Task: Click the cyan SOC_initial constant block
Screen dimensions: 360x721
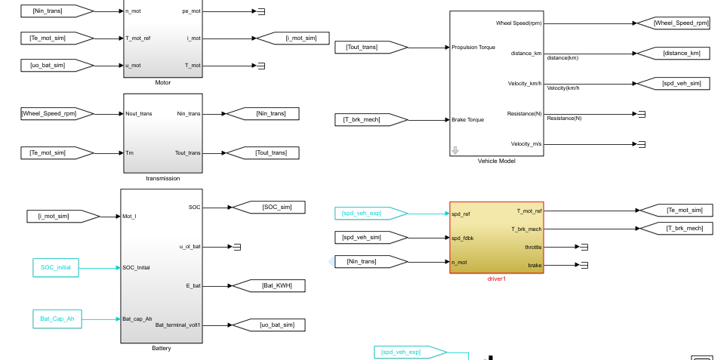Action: tap(55, 267)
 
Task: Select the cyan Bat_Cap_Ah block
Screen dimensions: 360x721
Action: tap(57, 319)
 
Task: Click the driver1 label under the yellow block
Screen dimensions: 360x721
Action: tap(496, 278)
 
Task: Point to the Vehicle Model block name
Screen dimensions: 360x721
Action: tap(496, 161)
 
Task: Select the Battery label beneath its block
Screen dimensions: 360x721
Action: tap(161, 348)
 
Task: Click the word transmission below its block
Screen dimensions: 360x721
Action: tap(163, 178)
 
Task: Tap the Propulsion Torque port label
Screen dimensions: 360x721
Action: tap(473, 47)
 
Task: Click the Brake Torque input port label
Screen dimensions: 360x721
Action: tap(467, 119)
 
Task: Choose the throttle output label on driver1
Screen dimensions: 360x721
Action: tap(533, 247)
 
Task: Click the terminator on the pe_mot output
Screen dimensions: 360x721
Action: tap(261, 11)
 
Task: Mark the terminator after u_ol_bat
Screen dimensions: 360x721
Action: tap(237, 247)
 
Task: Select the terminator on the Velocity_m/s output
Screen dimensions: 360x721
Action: tap(642, 144)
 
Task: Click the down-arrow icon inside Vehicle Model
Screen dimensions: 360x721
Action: tap(455, 150)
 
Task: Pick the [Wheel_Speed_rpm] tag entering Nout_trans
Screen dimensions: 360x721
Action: tap(55, 113)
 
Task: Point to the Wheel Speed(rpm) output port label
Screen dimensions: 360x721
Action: tap(519, 23)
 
